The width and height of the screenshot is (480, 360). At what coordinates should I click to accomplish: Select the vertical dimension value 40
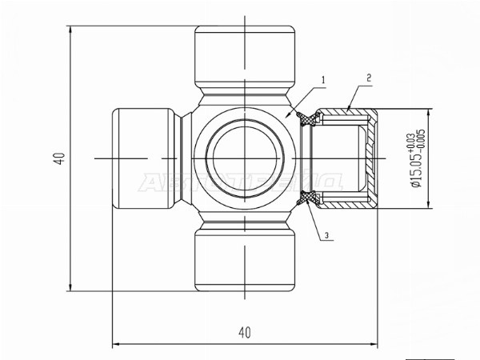(59, 158)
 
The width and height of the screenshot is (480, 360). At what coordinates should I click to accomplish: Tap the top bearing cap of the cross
(245, 56)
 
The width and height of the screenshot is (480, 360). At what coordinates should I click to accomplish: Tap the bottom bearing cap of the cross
(245, 262)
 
